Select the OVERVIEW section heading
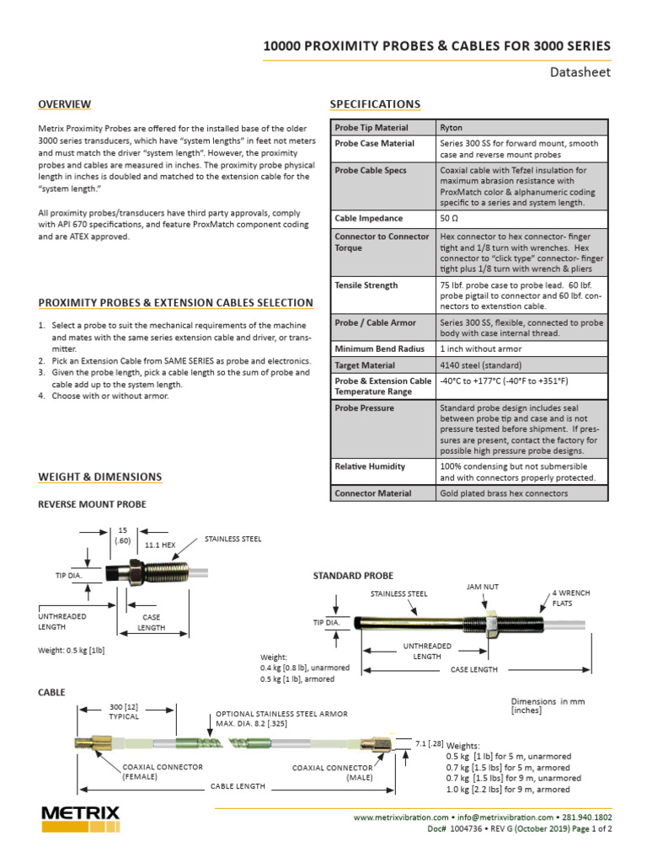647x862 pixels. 65,104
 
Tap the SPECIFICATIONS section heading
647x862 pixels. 375,104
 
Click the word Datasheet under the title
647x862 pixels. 580,72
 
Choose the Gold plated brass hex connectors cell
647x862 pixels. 504,493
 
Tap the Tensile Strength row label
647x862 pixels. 366,285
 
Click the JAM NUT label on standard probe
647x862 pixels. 483,586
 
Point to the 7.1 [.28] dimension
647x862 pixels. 430,742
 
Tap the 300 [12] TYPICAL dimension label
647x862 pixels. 124,711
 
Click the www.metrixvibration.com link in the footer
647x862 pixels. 400,817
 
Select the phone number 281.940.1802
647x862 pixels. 589,817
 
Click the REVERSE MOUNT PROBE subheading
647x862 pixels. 93,504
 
